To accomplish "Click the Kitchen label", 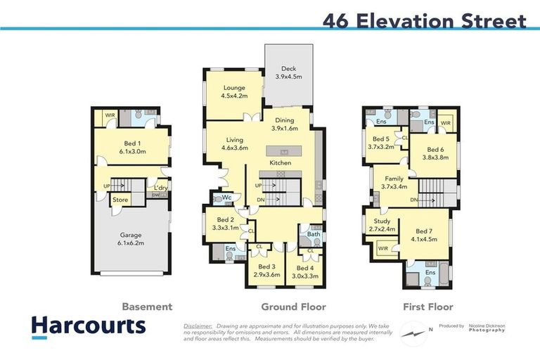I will click(x=280, y=163).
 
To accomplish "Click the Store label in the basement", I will click(x=120, y=200).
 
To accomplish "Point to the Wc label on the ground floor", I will click(x=227, y=198).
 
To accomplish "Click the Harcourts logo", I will click(x=89, y=326).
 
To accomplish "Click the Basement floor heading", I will click(x=147, y=307).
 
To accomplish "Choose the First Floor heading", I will click(x=427, y=307).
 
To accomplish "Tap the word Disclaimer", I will click(x=198, y=326).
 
